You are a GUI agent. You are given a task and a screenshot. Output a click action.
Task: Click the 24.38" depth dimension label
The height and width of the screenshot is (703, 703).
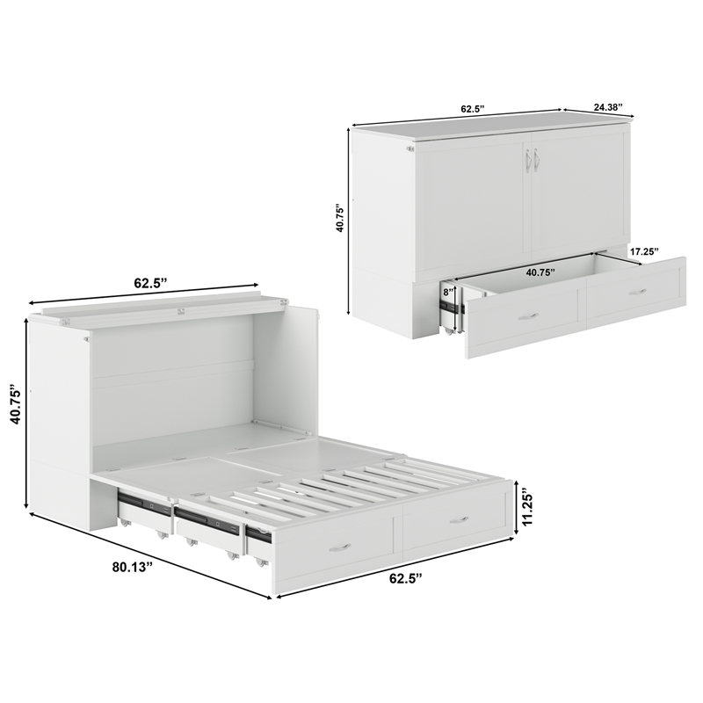click(607, 107)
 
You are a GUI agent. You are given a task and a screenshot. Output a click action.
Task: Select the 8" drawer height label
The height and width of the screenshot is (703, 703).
click(448, 292)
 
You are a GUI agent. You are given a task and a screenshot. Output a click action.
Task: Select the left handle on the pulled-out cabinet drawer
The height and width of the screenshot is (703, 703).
click(527, 315)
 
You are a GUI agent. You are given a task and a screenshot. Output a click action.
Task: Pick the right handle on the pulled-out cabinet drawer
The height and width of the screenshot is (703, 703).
click(638, 291)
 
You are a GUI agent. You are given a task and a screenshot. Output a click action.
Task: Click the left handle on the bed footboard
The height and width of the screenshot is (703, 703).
click(339, 547)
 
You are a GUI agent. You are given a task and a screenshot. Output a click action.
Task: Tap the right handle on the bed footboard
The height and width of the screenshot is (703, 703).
click(459, 520)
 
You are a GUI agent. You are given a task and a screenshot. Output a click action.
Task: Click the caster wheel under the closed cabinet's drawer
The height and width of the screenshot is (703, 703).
click(451, 331)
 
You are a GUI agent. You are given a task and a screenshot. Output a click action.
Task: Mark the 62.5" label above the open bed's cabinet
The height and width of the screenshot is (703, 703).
click(150, 283)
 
